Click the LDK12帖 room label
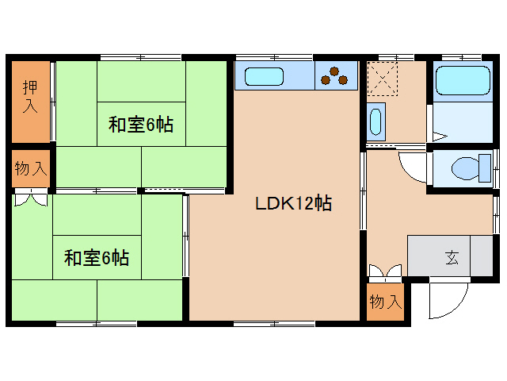[x=293, y=203]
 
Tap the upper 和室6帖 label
[x=142, y=125]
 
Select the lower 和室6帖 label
[x=97, y=257]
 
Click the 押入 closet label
[x=30, y=95]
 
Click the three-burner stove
[x=335, y=76]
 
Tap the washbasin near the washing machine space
[x=376, y=122]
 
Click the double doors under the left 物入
[x=31, y=197]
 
